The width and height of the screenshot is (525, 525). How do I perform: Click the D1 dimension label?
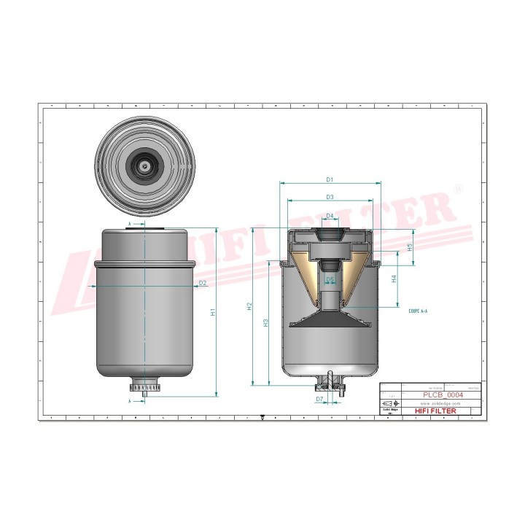pos(330,179)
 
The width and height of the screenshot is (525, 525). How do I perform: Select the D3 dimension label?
pos(330,197)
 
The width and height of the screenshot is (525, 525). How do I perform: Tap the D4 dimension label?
pos(330,216)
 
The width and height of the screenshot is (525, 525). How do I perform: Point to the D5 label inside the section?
pos(330,279)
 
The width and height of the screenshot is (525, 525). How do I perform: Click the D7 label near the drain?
pos(319,400)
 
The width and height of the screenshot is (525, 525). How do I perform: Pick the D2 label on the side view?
pos(203,283)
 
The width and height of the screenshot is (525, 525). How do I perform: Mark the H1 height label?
pos(213,312)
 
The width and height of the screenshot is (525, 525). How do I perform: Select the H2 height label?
pos(249,306)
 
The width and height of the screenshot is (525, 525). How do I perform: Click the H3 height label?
pos(266,322)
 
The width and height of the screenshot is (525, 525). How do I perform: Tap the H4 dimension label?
pos(394,279)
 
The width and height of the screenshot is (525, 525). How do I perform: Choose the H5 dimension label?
pos(410,246)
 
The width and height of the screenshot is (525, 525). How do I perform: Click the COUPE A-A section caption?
pos(418,311)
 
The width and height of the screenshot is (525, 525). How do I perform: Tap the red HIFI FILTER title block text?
pos(436,412)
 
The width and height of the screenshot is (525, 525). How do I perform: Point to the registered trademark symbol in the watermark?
pos(457,189)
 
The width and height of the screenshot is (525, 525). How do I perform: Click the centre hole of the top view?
pos(146,166)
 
